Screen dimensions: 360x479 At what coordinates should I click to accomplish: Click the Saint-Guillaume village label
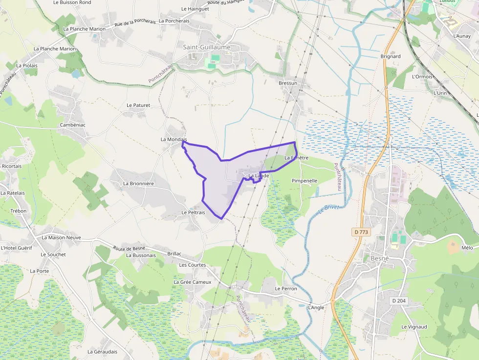pyautogui.click(x=206, y=47)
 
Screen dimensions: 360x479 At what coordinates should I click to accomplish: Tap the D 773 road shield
pyautogui.click(x=360, y=232)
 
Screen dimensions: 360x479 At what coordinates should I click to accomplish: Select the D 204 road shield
pyautogui.click(x=399, y=301)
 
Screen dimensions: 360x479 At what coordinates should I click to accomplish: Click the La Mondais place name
pyautogui.click(x=174, y=139)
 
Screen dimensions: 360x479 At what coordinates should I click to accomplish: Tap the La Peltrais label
pyautogui.click(x=193, y=212)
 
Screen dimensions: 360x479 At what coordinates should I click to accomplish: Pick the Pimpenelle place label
pyautogui.click(x=305, y=181)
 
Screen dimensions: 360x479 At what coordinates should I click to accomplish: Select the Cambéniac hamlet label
pyautogui.click(x=72, y=125)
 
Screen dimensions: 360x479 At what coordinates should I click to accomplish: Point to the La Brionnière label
pyautogui.click(x=138, y=184)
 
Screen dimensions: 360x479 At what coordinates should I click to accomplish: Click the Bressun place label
pyautogui.click(x=288, y=83)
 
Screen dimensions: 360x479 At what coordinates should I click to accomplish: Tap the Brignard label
pyautogui.click(x=391, y=56)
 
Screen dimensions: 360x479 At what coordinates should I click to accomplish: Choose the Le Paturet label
pyautogui.click(x=138, y=105)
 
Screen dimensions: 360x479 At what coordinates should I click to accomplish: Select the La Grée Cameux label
pyautogui.click(x=193, y=282)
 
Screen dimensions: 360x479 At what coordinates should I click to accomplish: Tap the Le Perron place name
pyautogui.click(x=286, y=289)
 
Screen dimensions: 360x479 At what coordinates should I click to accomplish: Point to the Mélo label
pyautogui.click(x=467, y=248)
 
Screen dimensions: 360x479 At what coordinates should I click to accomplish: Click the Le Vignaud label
pyautogui.click(x=414, y=327)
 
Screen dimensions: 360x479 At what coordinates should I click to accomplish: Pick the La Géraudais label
pyautogui.click(x=103, y=352)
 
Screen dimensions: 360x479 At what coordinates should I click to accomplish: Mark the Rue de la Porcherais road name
pyautogui.click(x=134, y=22)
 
